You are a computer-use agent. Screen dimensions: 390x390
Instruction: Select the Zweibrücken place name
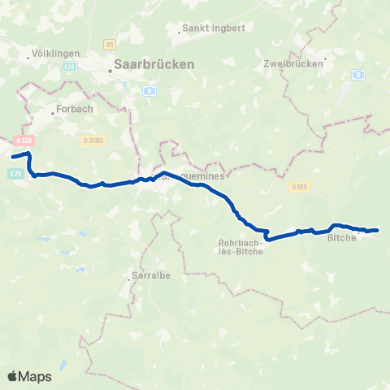288,63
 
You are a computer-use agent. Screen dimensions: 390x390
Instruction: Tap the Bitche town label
342,238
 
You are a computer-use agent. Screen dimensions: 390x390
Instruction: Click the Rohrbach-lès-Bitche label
239,246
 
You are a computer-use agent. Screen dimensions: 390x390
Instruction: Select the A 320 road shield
24,141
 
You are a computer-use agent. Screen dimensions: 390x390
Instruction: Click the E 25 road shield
15,172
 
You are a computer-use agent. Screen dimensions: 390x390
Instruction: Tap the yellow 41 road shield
109,44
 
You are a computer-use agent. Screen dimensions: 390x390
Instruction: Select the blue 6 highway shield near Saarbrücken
149,90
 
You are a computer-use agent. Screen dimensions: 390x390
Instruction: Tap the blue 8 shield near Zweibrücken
357,74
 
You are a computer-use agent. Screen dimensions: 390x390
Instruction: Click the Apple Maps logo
29,376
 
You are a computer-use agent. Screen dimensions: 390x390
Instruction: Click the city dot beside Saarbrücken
110,71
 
